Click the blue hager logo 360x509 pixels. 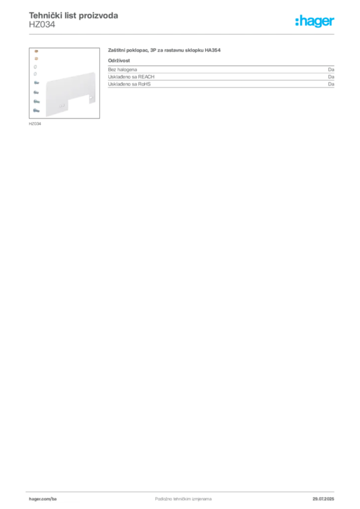coord(316,21)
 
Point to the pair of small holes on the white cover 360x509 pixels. coord(61,105)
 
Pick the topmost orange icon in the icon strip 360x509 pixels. coord(36,52)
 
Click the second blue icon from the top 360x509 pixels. coord(36,93)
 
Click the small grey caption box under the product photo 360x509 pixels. coord(36,124)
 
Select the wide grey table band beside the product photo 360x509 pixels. coord(221,81)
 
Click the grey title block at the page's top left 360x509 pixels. coord(74,17)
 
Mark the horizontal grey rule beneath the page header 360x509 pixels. coord(183,34)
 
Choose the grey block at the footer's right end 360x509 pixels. coord(326,496)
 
